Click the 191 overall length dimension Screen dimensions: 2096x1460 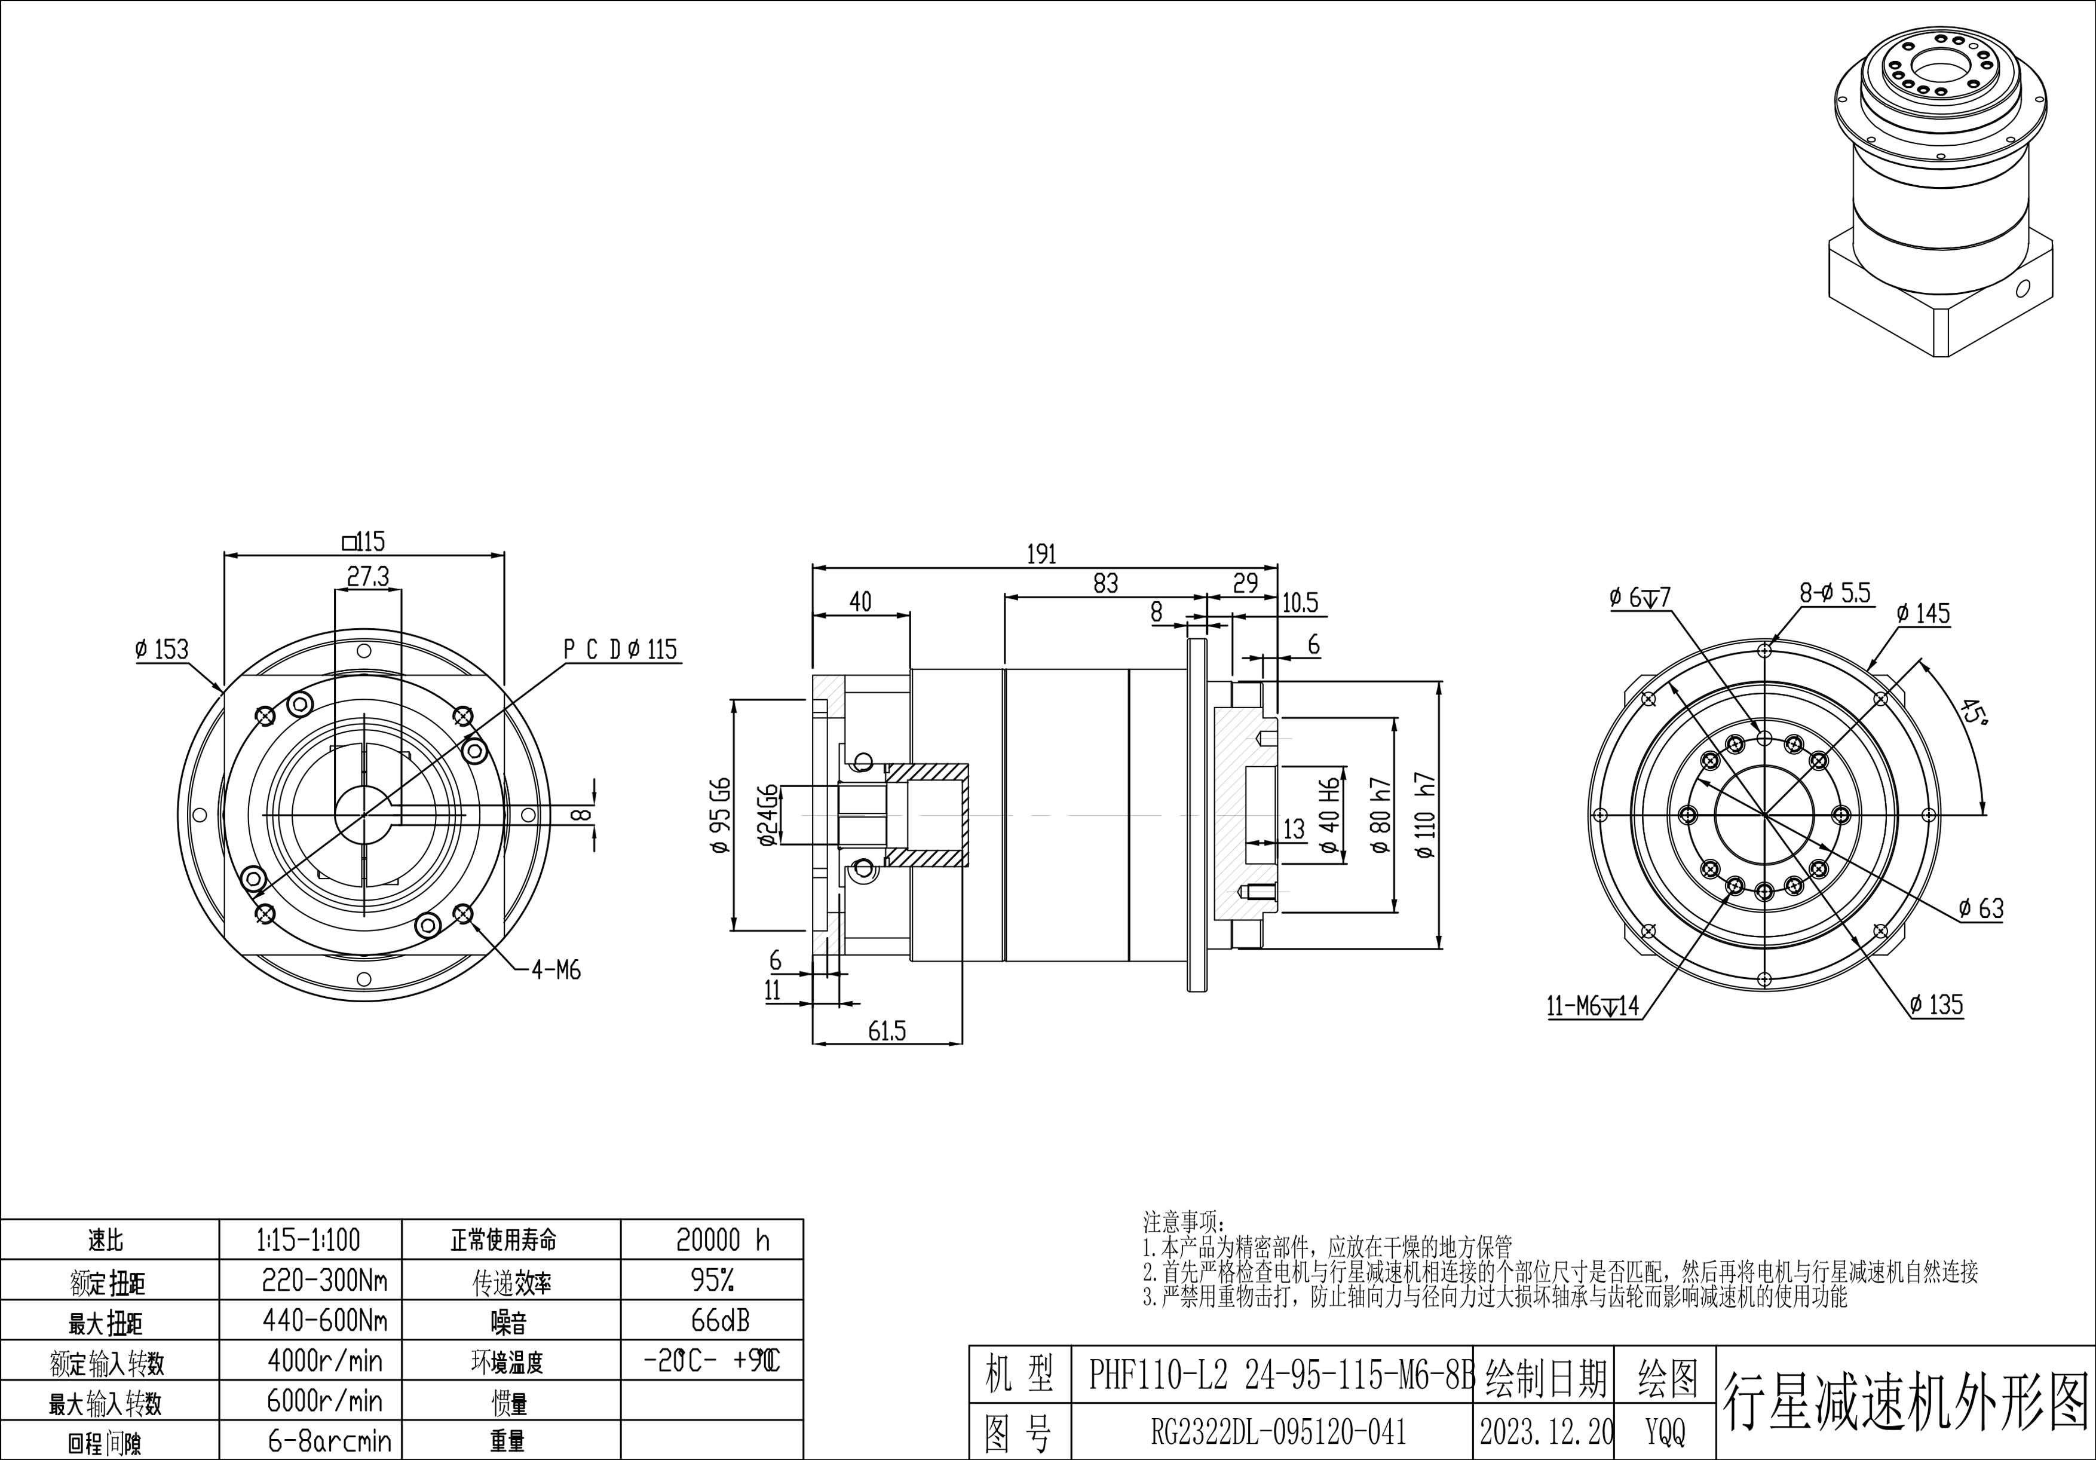point(1041,554)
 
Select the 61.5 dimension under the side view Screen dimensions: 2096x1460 point(887,1031)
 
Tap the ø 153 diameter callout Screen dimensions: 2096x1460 point(161,649)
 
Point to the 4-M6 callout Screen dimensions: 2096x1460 point(556,971)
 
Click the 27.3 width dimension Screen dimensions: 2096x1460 point(368,576)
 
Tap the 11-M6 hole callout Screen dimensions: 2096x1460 point(1593,1006)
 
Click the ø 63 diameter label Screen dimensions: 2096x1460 point(1981,908)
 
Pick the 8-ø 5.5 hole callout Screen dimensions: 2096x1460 point(1835,593)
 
